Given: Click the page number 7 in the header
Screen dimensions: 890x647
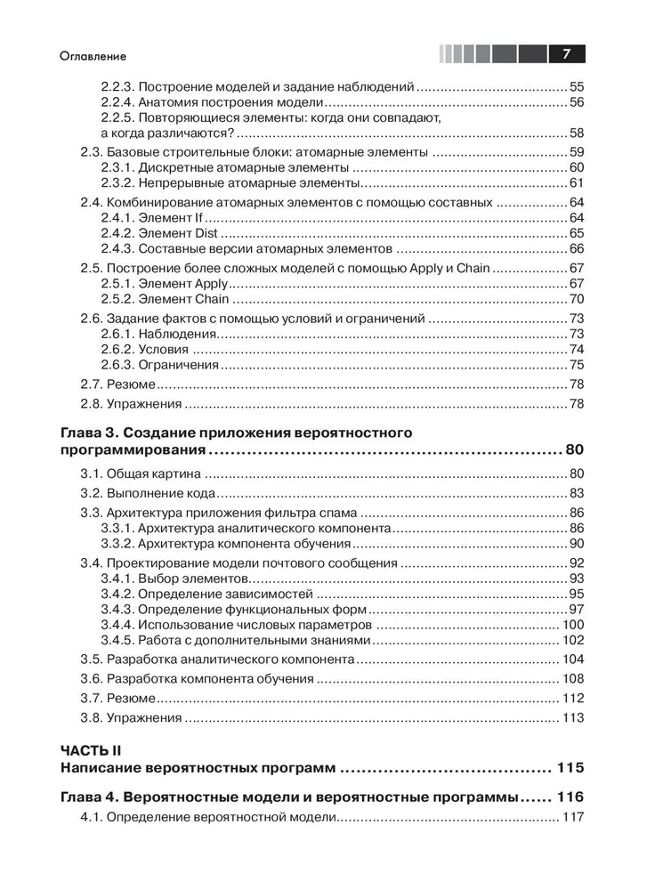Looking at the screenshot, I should pos(564,54).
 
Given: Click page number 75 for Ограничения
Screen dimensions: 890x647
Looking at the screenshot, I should pos(576,365).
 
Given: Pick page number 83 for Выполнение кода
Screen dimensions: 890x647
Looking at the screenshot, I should pos(576,493).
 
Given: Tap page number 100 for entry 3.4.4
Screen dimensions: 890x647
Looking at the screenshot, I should pos(573,626).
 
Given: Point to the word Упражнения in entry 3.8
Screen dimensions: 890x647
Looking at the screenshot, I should pos(144,718).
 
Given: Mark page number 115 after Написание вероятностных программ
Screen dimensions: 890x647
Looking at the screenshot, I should pos(570,768).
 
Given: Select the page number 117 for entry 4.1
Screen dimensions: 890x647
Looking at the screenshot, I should pos(573,818).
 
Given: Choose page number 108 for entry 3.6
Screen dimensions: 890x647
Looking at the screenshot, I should pos(573,679).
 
